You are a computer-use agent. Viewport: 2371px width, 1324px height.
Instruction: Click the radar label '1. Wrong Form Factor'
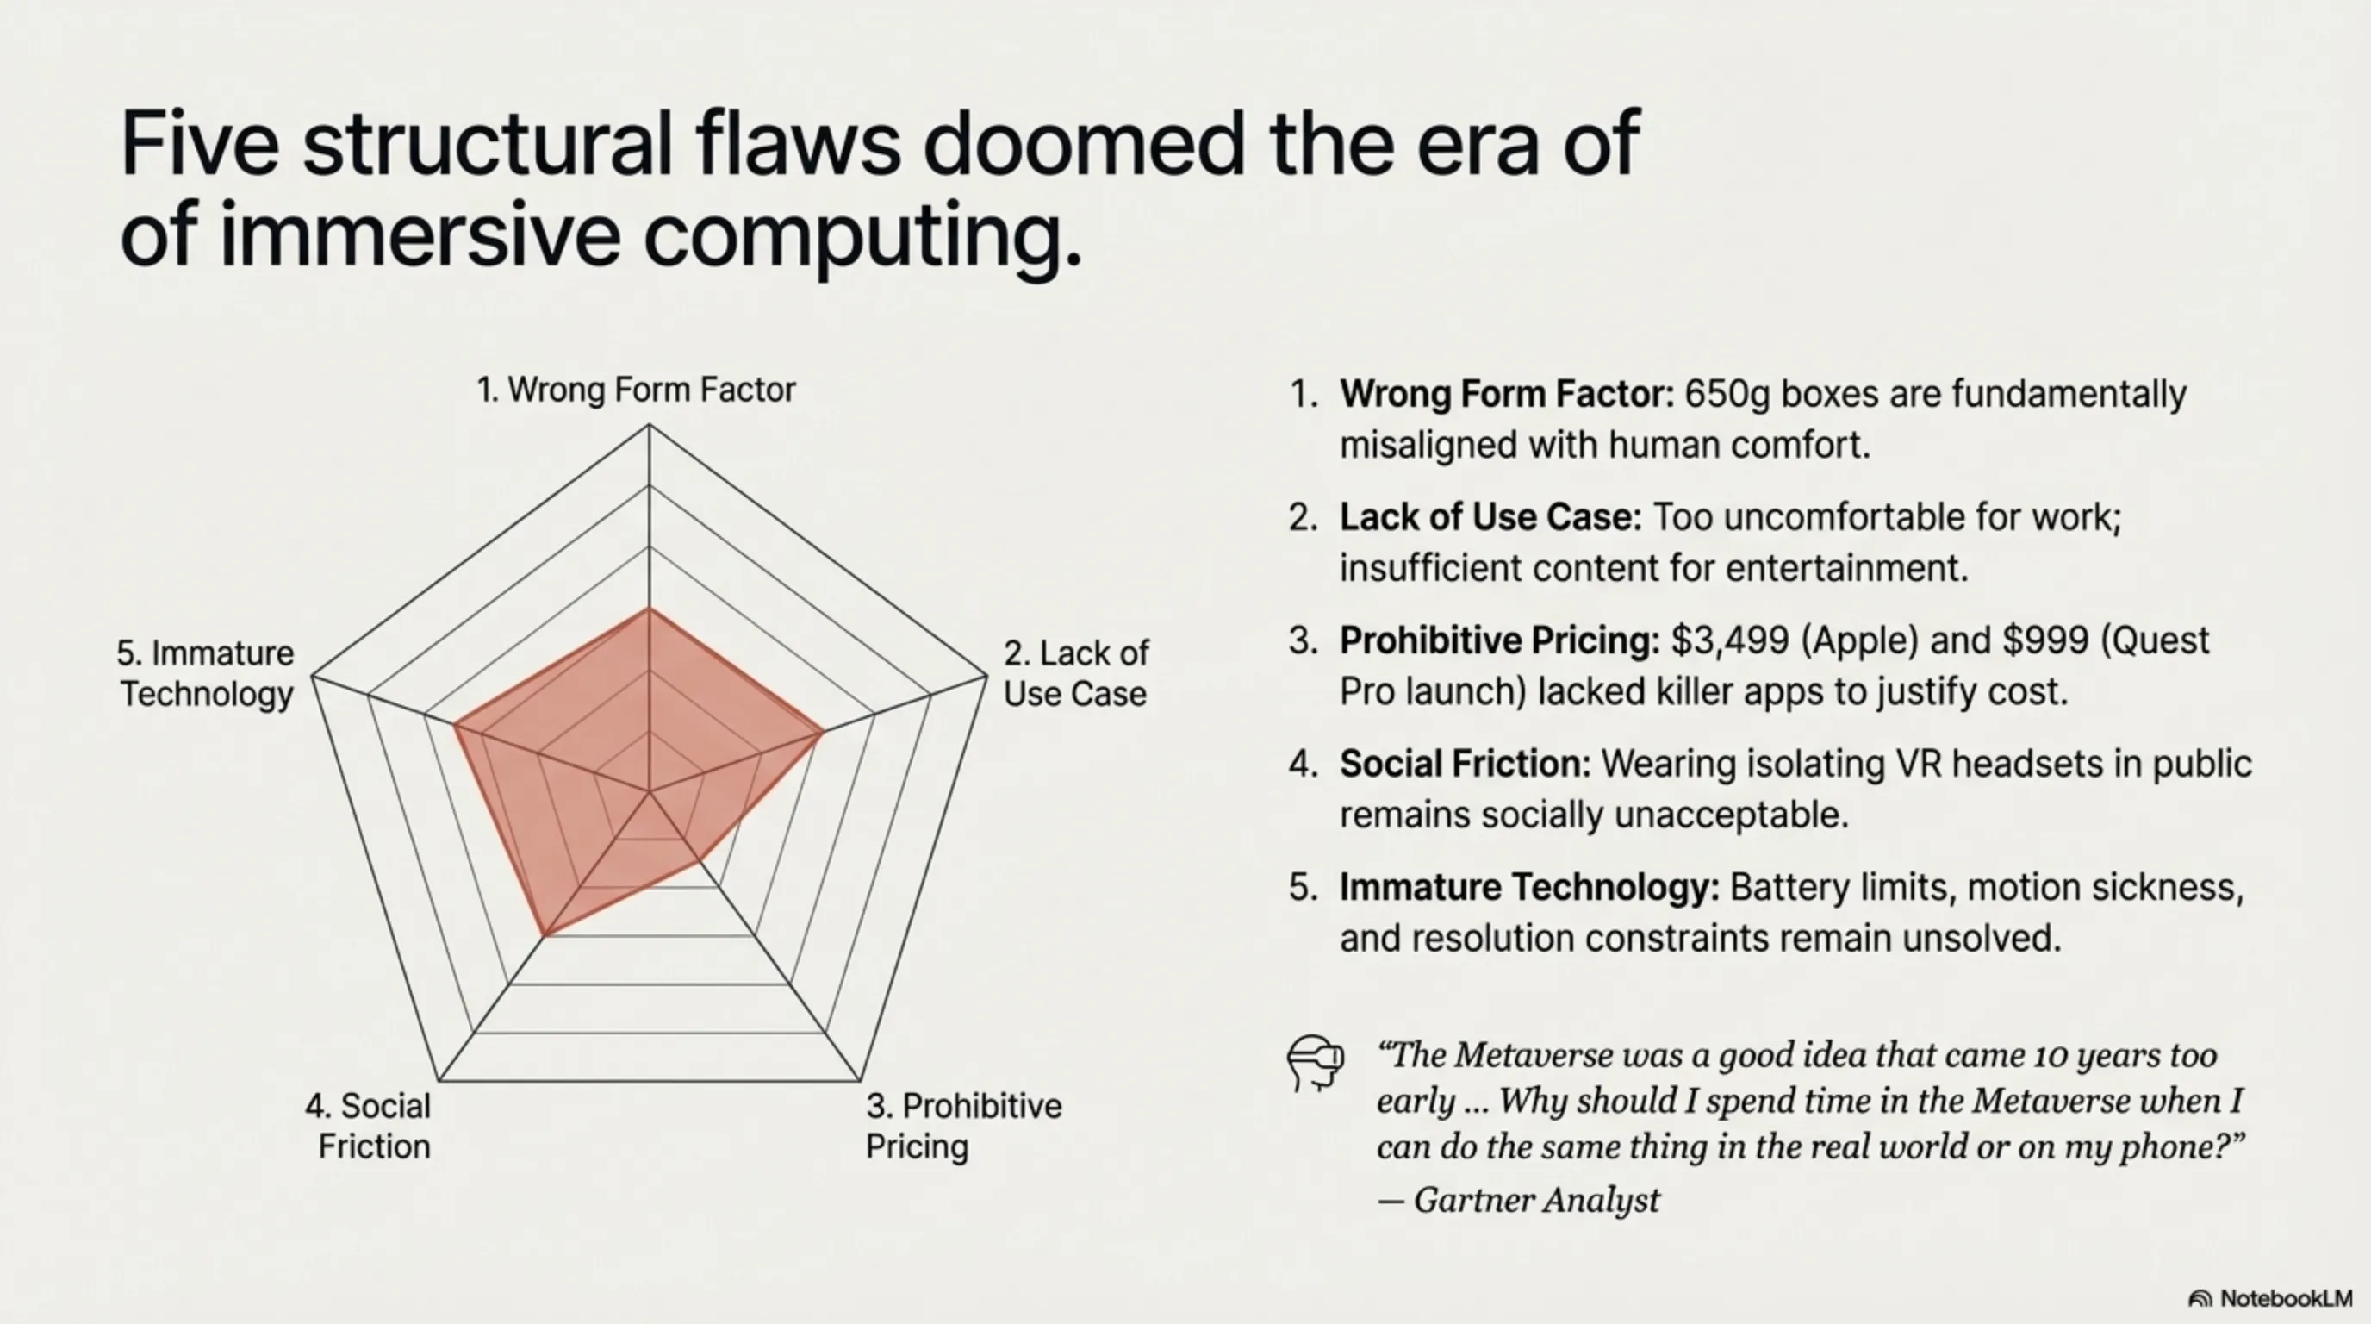tap(635, 390)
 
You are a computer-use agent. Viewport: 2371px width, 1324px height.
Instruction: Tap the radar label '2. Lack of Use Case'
tap(1075, 673)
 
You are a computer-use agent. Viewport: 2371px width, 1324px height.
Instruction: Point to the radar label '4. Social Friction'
tap(368, 1126)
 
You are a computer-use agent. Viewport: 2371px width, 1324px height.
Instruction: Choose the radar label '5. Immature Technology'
tap(205, 673)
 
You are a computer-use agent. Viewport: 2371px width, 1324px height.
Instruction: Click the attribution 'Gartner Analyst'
tap(1536, 1200)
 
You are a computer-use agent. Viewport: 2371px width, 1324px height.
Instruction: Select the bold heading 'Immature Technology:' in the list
tap(1528, 888)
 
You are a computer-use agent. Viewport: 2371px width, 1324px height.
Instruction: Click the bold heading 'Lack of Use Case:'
tap(1490, 517)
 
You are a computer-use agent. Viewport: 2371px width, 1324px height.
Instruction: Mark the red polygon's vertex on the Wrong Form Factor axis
tap(649, 608)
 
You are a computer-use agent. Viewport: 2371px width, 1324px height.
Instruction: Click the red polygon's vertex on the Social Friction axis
tap(545, 935)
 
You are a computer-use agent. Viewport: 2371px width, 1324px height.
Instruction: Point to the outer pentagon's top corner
tap(649, 424)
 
